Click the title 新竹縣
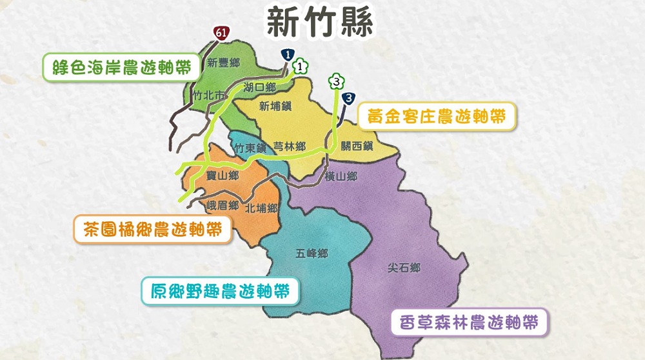(x=321, y=23)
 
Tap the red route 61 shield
(x=221, y=32)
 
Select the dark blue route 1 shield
(x=288, y=55)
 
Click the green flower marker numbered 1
(x=300, y=66)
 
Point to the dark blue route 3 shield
(x=349, y=98)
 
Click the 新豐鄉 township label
(x=224, y=63)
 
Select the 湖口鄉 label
(x=260, y=86)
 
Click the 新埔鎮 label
(x=275, y=106)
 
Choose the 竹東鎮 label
(x=250, y=148)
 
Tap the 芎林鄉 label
(x=290, y=146)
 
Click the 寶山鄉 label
(x=223, y=175)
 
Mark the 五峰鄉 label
(x=312, y=254)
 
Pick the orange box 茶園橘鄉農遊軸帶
(x=152, y=228)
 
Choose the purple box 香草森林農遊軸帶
(x=469, y=321)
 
